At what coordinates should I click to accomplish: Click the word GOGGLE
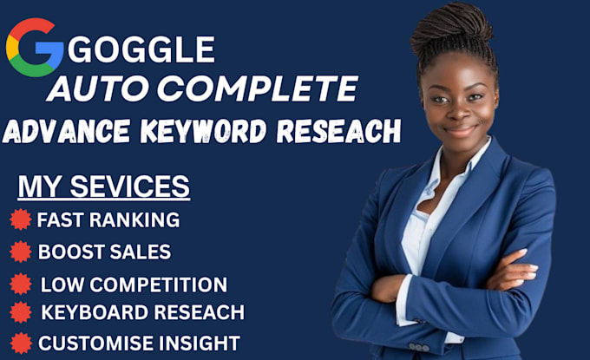coord(141,50)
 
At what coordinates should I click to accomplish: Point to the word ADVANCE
coord(66,132)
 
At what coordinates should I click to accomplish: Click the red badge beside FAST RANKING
coord(20,219)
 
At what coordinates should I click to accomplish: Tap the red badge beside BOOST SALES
coord(20,252)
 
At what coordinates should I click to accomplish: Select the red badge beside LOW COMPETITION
coord(20,283)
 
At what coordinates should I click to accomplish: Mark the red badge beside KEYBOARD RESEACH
coord(20,312)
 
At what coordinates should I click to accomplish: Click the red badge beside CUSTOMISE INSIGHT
coord(20,342)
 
